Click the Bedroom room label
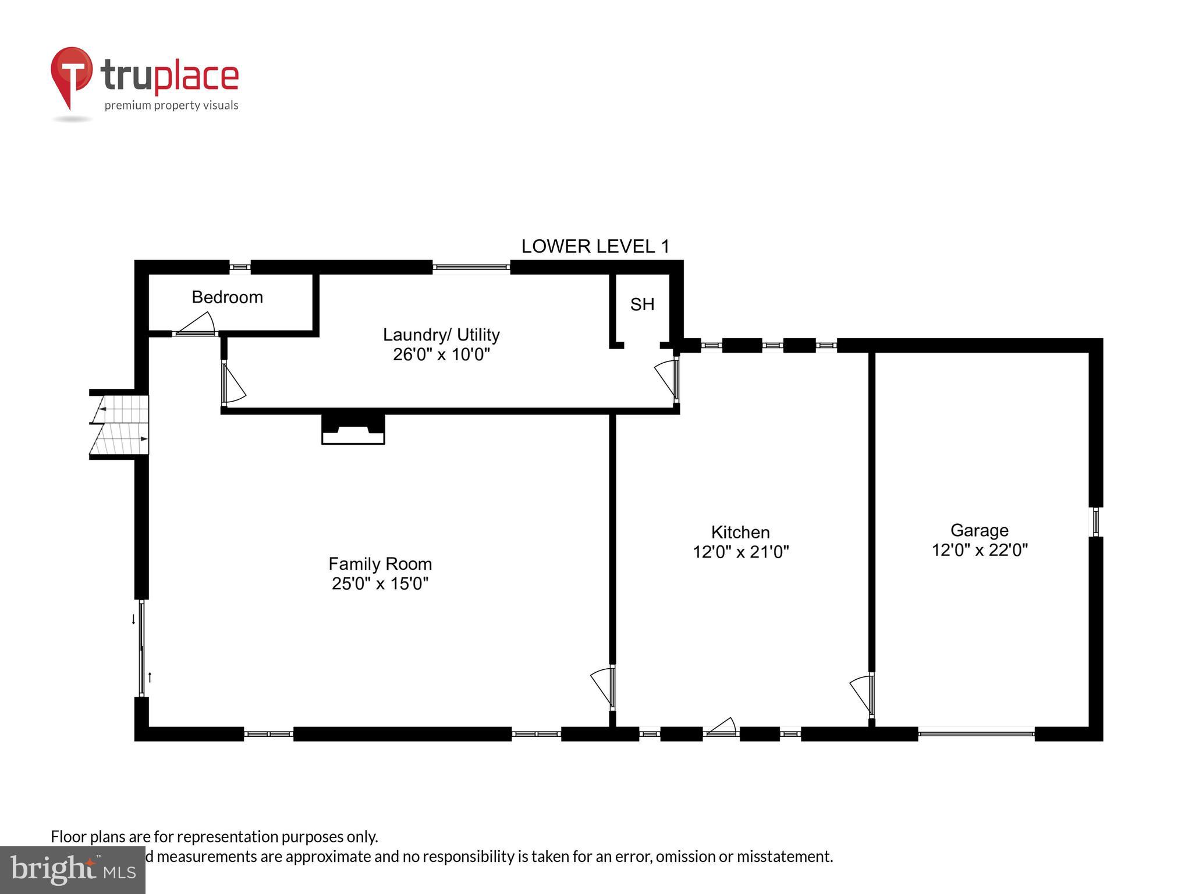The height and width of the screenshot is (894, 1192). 227,297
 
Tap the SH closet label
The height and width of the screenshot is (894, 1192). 642,304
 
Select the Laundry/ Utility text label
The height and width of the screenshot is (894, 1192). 441,335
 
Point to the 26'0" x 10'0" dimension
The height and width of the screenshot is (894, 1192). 441,354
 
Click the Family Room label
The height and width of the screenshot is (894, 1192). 380,564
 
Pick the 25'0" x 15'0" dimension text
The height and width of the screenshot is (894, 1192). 380,583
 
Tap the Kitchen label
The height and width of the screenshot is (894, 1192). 740,532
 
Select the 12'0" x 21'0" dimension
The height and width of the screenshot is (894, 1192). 740,552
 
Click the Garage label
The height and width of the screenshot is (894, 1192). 980,530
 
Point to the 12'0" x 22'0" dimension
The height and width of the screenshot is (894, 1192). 980,550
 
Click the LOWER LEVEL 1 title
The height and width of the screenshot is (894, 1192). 595,246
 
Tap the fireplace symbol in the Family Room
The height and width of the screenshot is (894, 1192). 353,430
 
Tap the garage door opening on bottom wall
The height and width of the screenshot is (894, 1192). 976,734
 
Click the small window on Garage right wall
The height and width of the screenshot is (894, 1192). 1096,521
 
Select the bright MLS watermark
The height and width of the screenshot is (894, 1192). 73,870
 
